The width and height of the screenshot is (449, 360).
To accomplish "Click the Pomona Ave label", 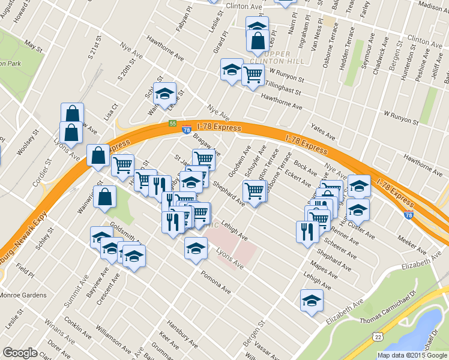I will pyautogui.click(x=217, y=284).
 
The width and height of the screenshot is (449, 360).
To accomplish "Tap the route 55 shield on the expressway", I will pyautogui.click(x=172, y=124).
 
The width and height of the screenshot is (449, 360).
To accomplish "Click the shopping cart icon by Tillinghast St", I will pyautogui.click(x=253, y=74).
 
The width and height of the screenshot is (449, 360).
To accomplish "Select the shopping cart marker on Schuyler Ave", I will pyautogui.click(x=255, y=190).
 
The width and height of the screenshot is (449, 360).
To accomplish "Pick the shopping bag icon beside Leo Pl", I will pyautogui.click(x=257, y=41).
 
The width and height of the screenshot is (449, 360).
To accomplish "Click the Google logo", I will pyautogui.click(x=20, y=353).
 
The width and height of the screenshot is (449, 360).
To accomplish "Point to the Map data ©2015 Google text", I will pyautogui.click(x=412, y=355).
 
